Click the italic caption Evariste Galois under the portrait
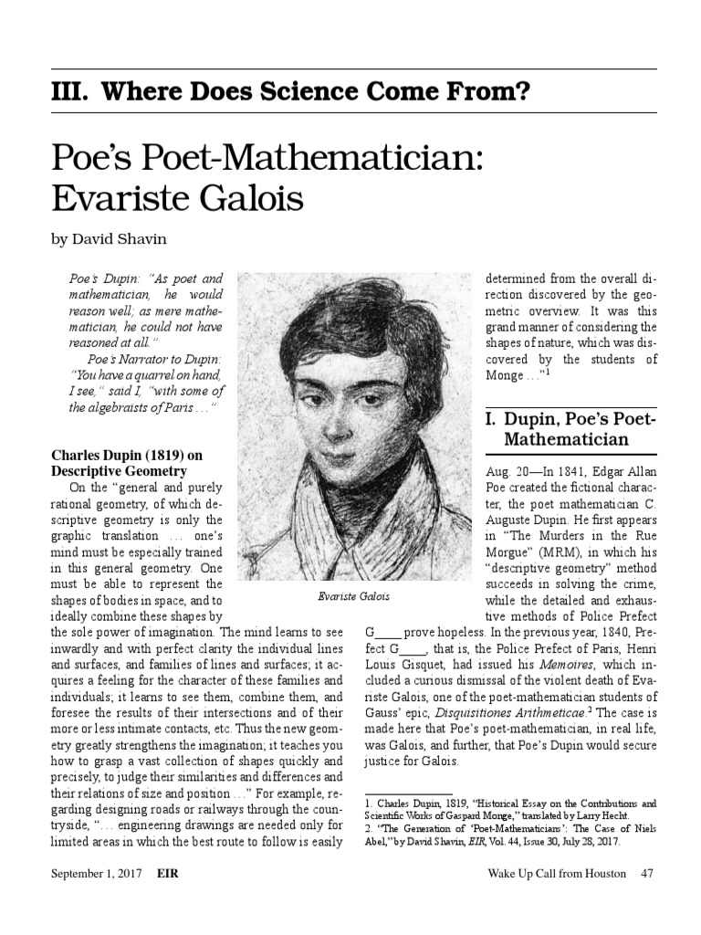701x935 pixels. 353,596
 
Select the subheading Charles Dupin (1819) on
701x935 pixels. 127,455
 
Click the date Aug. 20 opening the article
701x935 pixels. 505,472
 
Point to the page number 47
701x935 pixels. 647,874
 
